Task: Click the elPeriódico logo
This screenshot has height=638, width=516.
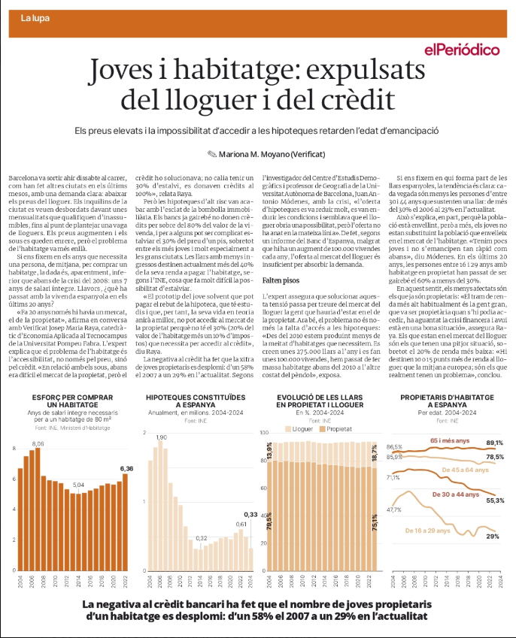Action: click(x=462, y=50)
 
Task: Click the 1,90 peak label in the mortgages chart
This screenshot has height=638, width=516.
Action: click(x=162, y=437)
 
